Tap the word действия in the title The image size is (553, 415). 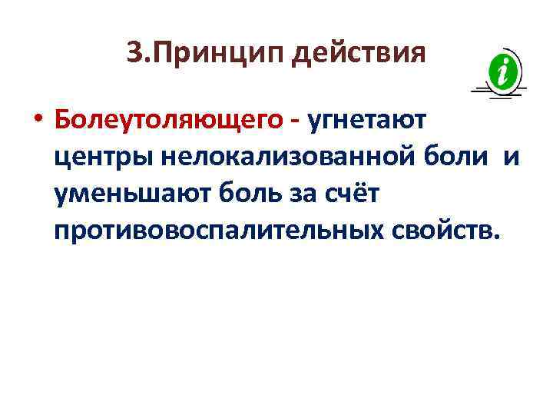(x=359, y=54)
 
